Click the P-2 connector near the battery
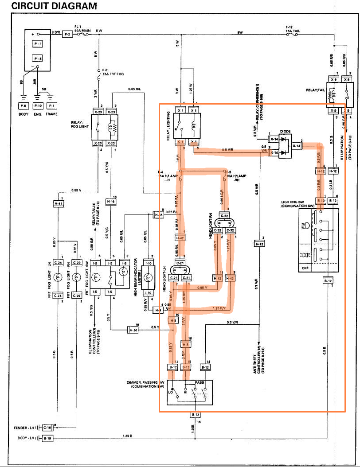[x=67, y=34]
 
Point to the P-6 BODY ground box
[x=23, y=106]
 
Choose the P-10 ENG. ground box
[x=38, y=106]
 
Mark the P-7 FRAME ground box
[x=52, y=106]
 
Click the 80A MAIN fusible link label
[x=82, y=31]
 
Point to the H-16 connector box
[x=111, y=202]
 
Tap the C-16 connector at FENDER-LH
[x=47, y=428]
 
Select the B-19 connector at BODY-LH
[x=47, y=439]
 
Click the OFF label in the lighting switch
[x=305, y=268]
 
